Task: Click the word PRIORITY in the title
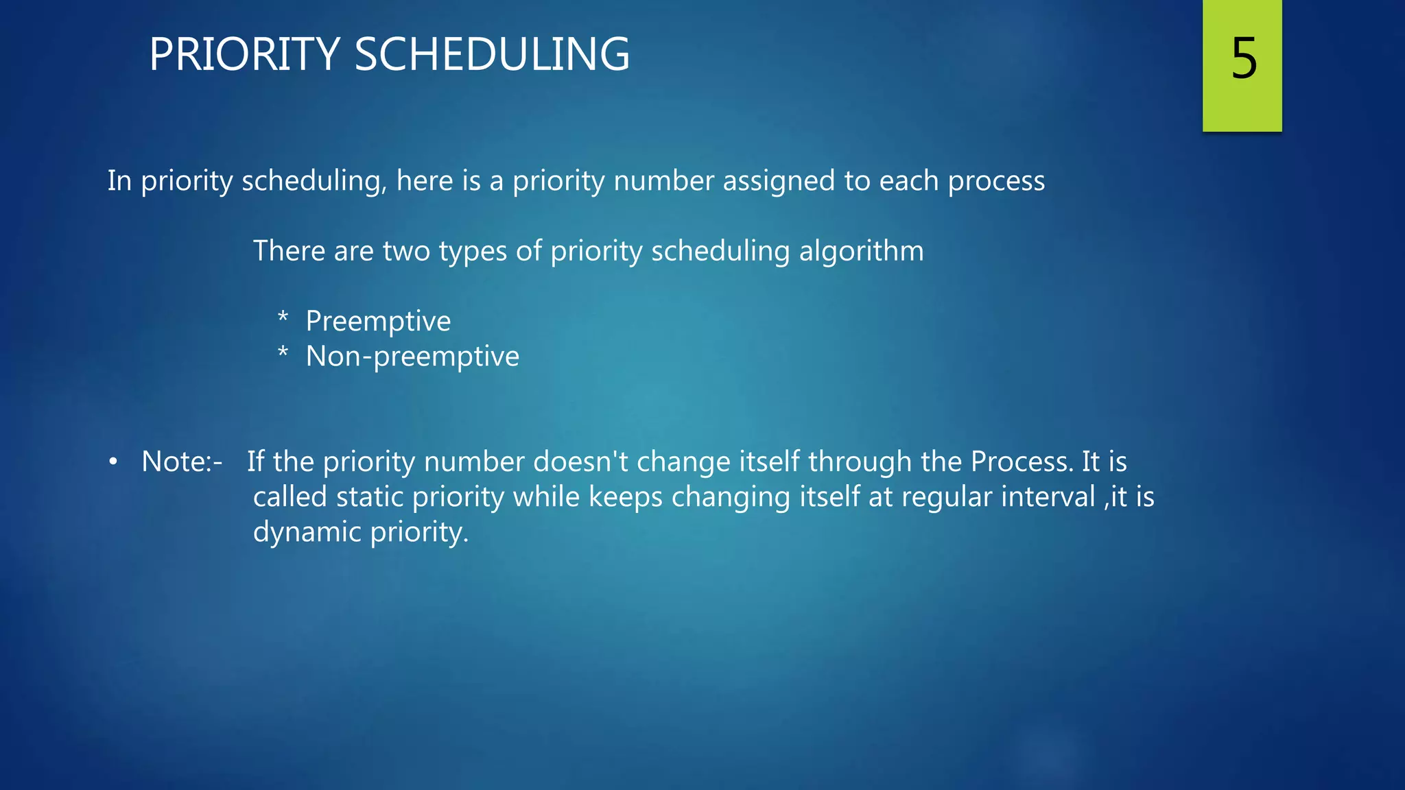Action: pos(244,55)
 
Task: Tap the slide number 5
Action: pos(1243,59)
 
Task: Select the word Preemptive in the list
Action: pos(378,321)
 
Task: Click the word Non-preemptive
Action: pos(412,357)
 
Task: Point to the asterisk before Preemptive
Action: pos(283,318)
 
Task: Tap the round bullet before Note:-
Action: pos(113,462)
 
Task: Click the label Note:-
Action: pos(182,462)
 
